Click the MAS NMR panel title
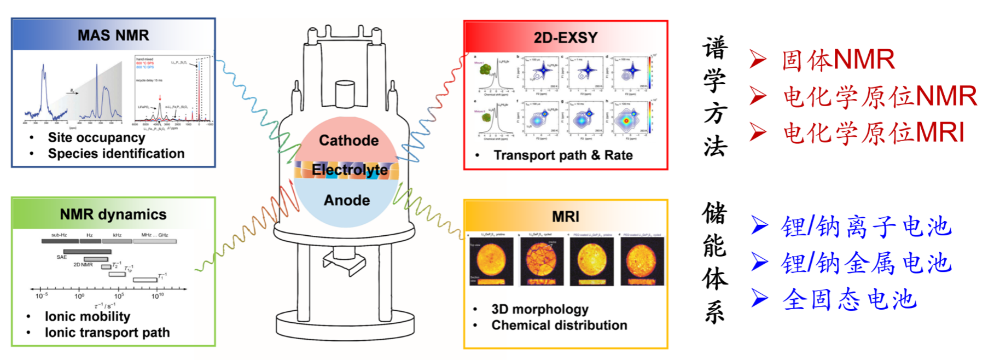[113, 36]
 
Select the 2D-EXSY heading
[566, 38]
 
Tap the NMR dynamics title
[113, 214]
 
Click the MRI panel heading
[566, 217]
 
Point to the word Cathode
[348, 141]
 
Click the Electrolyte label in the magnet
[350, 170]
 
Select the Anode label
[347, 200]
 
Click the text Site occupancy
[96, 137]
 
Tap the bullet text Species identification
[116, 154]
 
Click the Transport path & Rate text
[563, 155]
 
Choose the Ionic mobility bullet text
[88, 316]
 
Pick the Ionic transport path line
[107, 333]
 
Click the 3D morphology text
[539, 309]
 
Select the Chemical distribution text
[559, 326]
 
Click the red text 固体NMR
[838, 60]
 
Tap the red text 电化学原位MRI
[874, 133]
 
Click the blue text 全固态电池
[849, 300]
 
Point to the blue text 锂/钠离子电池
[867, 227]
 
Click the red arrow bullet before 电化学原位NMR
[758, 96]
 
